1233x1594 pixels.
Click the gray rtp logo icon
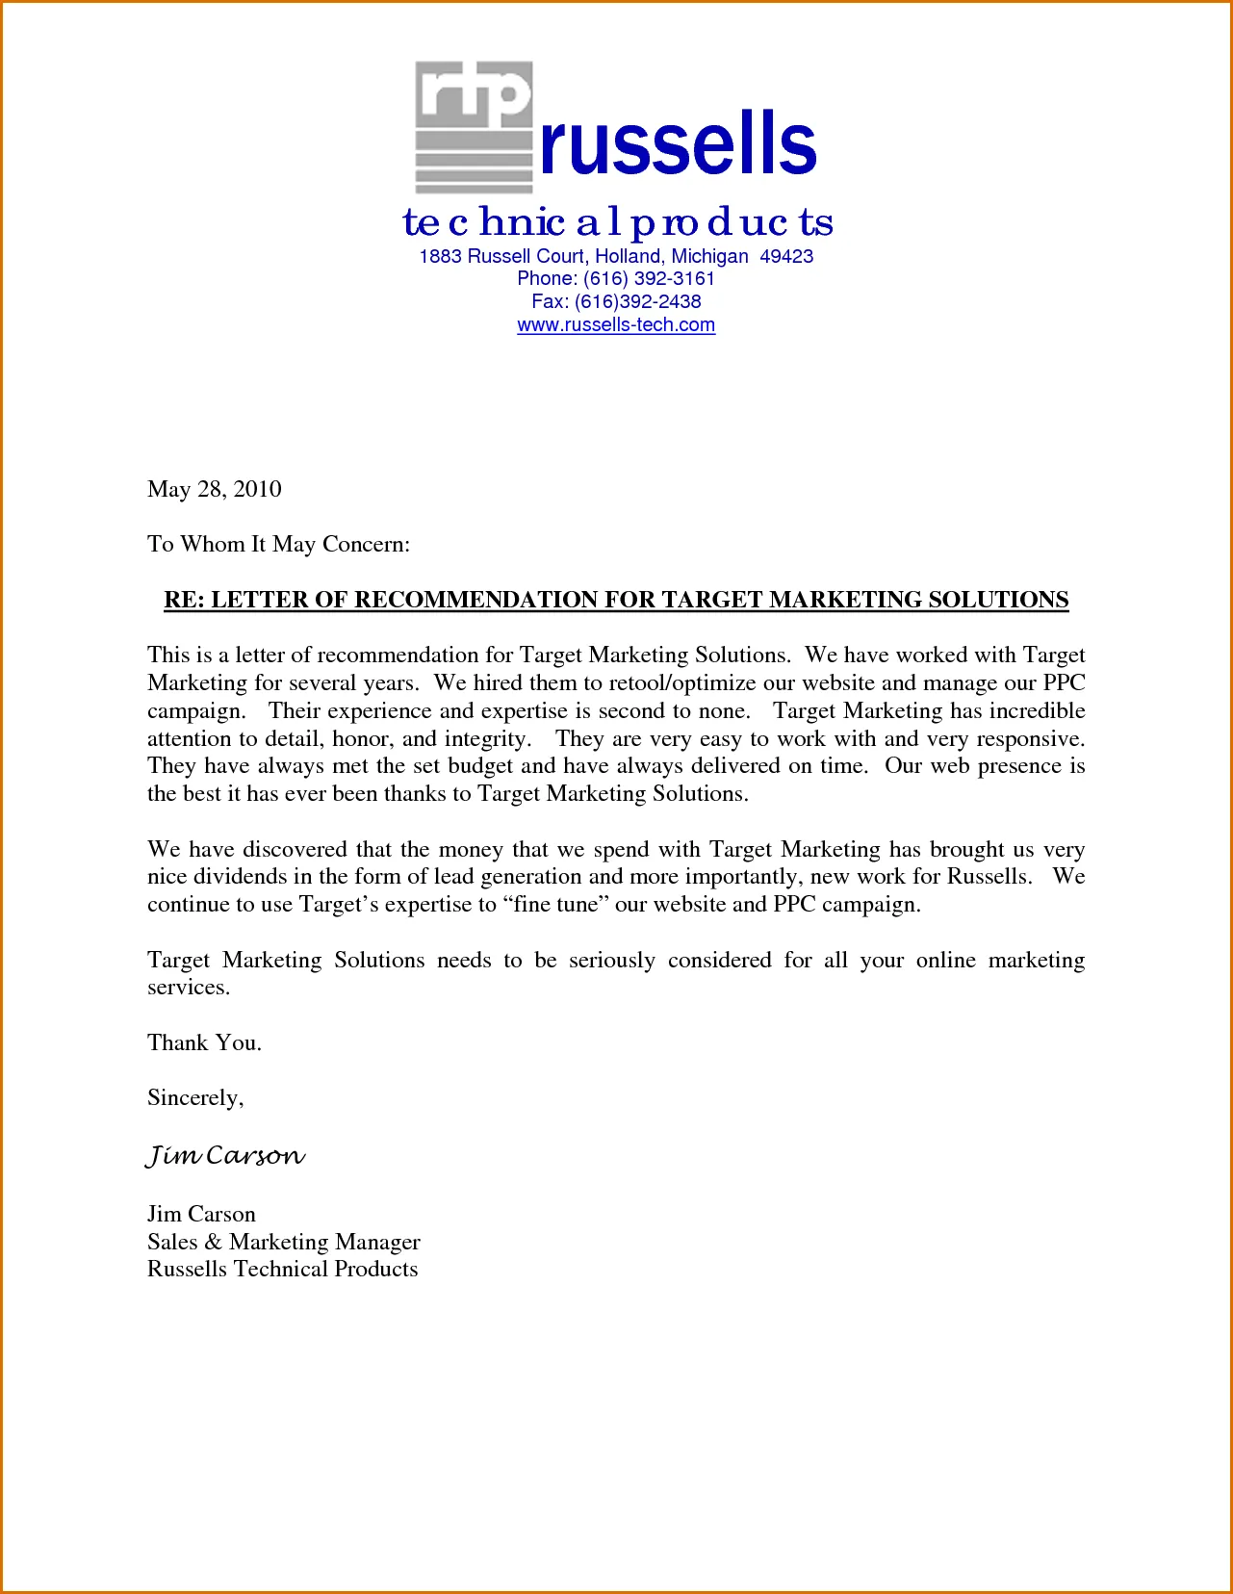coord(474,127)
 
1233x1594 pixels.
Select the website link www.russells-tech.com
coord(616,325)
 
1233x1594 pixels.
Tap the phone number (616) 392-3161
coord(649,279)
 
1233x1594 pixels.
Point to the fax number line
coord(616,302)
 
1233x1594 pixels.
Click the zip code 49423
coord(786,257)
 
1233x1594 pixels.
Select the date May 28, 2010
coord(215,490)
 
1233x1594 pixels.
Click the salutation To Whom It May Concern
coord(278,545)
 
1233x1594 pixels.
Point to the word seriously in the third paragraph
coord(611,961)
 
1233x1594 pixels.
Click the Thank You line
coord(204,1043)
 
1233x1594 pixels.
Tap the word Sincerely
coord(195,1098)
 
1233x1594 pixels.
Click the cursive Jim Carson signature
coord(225,1155)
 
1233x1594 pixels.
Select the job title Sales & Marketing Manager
coord(284,1243)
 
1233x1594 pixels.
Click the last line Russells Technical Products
coord(283,1270)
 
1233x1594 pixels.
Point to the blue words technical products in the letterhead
coord(617,223)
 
